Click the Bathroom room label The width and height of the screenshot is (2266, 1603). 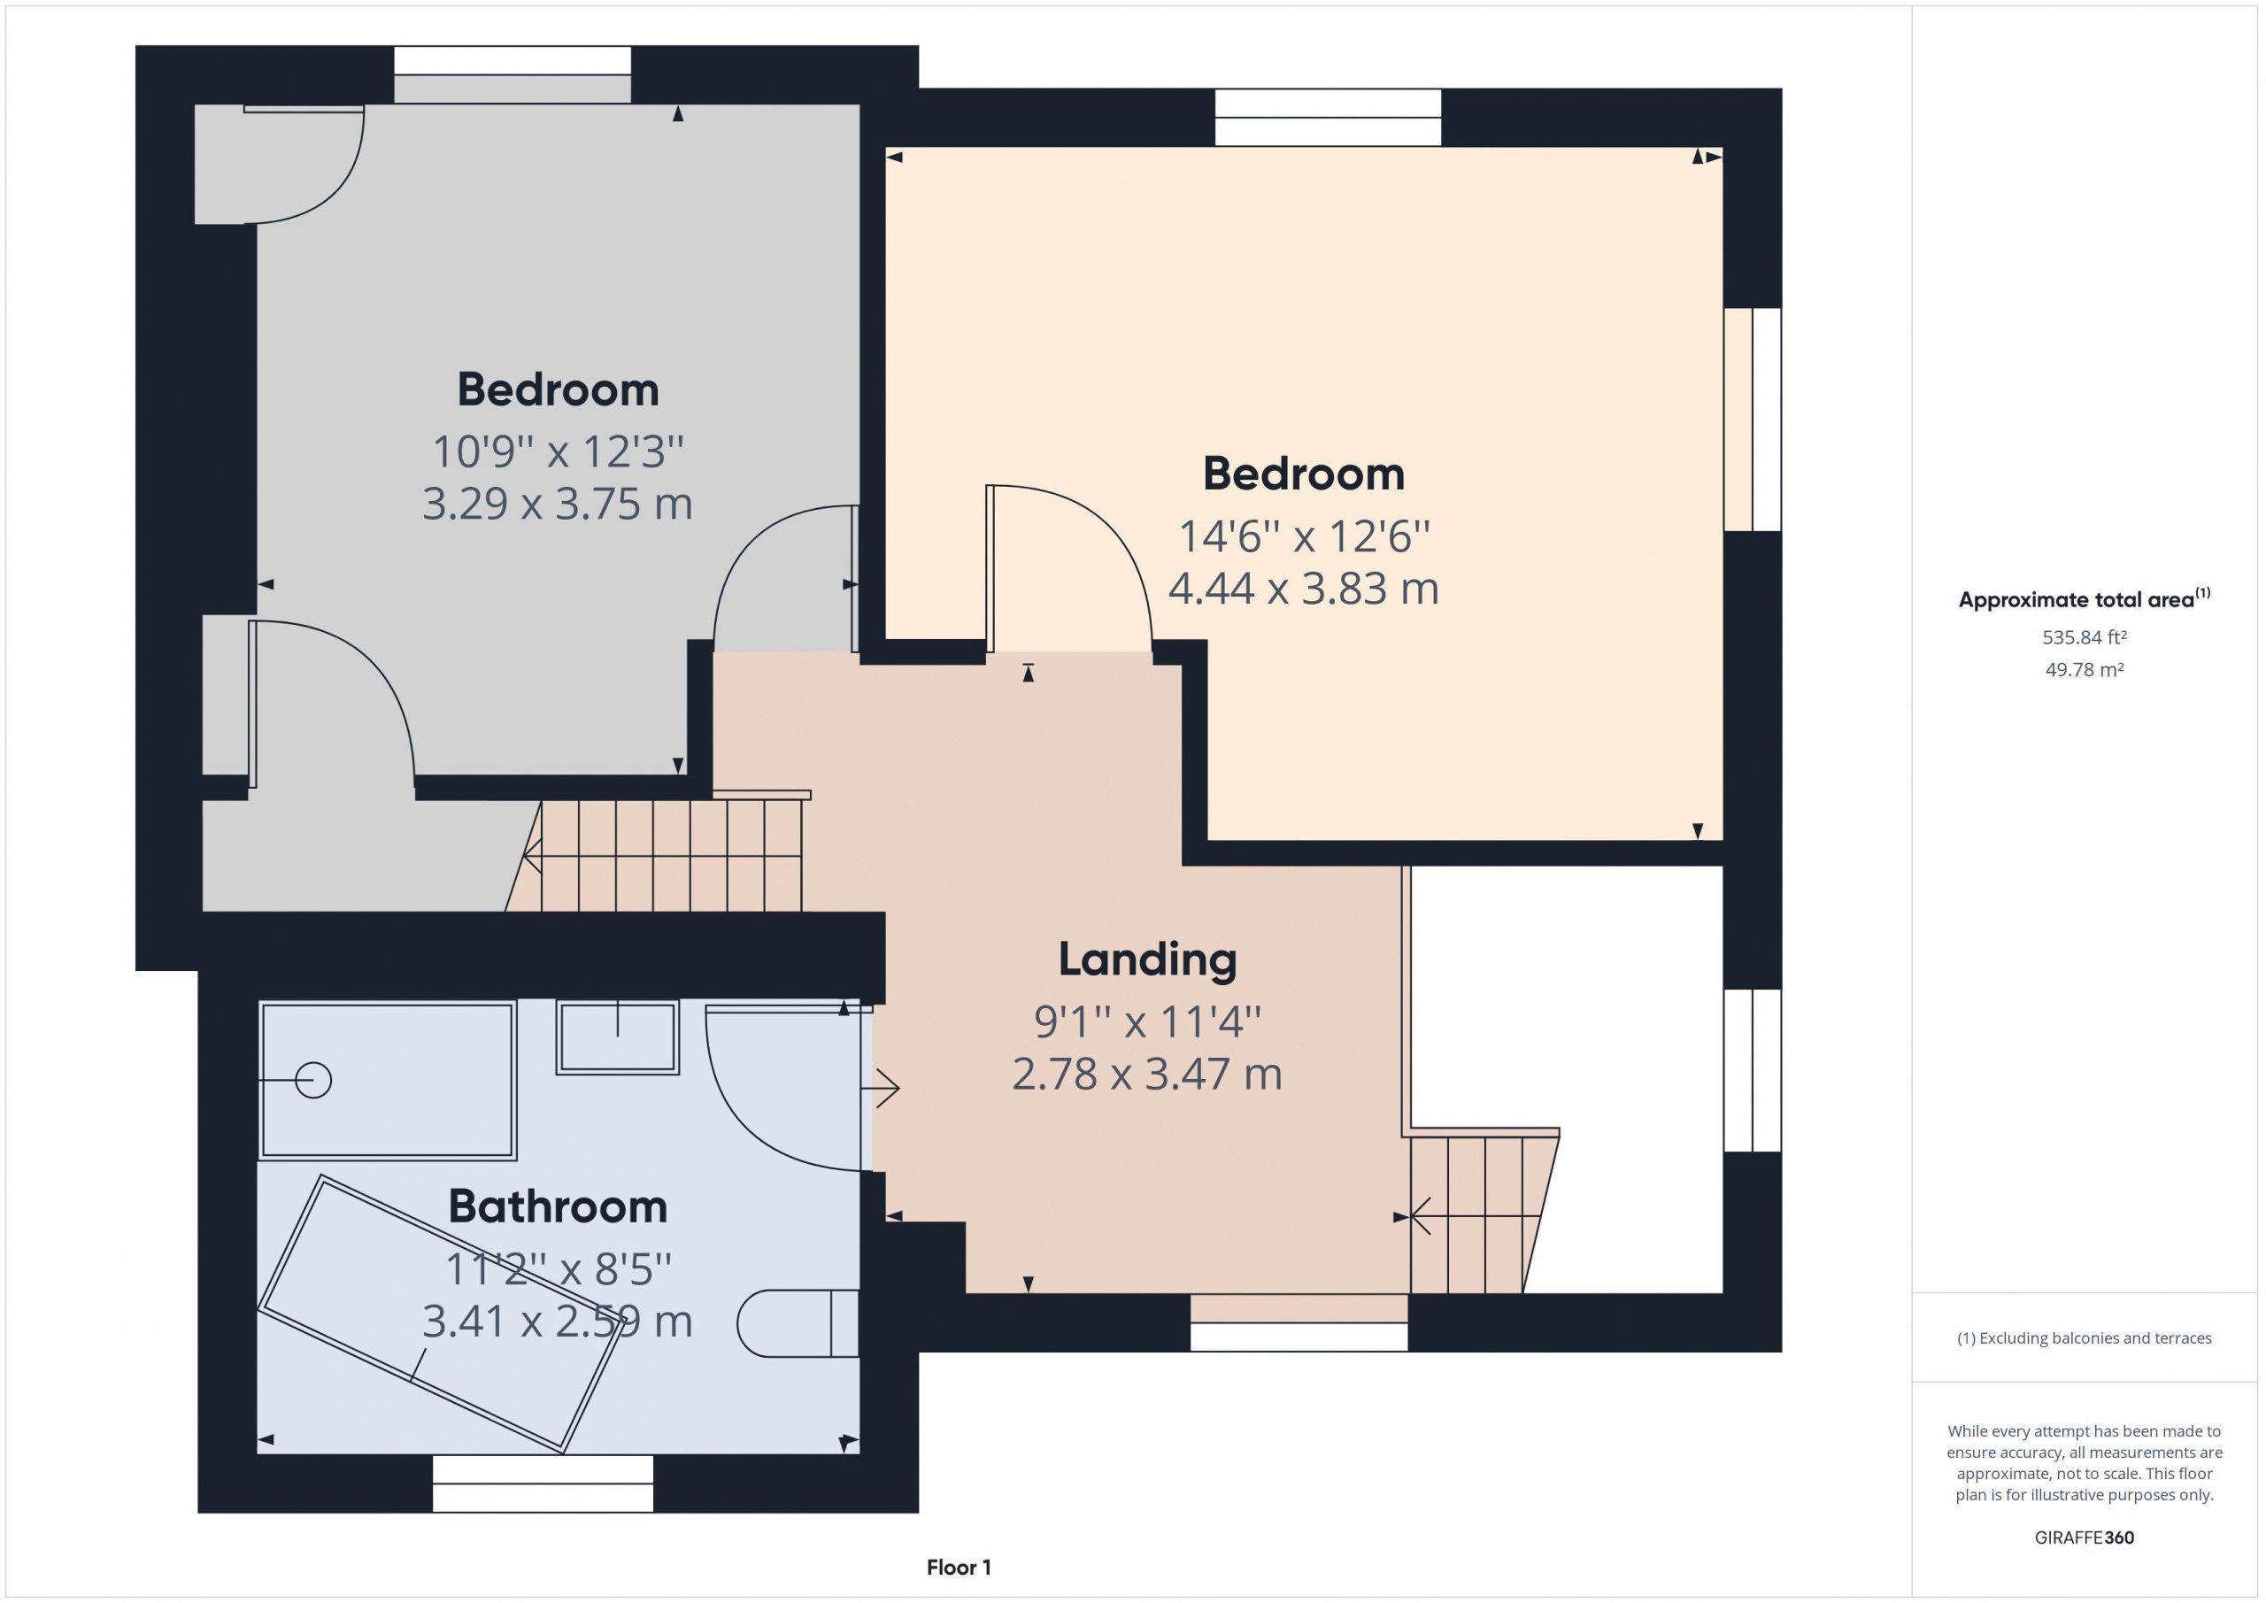click(558, 1206)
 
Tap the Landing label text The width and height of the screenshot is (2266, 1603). click(1147, 959)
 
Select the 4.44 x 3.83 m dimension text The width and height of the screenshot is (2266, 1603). click(1303, 589)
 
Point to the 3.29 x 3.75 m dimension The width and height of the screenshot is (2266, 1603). click(558, 504)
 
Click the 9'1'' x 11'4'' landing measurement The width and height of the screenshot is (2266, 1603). click(1147, 1021)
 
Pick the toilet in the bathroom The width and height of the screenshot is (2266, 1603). click(798, 1322)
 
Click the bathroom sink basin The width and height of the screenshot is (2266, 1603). click(618, 1037)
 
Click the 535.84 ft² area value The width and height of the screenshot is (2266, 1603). click(2084, 637)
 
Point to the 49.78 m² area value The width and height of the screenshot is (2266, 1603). click(2084, 669)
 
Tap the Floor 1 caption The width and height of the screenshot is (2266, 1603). click(959, 1568)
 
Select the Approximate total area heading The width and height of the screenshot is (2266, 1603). click(2084, 598)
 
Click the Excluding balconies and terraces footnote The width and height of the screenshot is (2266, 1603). click(2085, 1338)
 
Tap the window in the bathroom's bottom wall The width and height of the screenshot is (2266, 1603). click(543, 1484)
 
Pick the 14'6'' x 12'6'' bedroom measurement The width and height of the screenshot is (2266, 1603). click(1303, 537)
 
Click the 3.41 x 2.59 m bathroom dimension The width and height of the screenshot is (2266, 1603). click(558, 1321)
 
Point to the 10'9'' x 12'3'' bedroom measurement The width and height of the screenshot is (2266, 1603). click(558, 452)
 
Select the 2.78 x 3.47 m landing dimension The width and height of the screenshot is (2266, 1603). click(1147, 1074)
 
